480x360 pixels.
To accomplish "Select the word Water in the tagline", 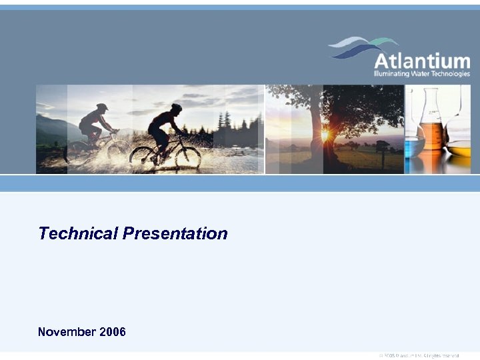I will (x=427, y=74).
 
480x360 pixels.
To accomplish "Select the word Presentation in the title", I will (x=175, y=233).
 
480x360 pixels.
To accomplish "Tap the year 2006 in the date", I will (x=113, y=331).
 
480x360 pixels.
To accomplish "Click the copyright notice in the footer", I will (x=419, y=356).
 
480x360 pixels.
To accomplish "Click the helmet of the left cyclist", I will (x=101, y=106).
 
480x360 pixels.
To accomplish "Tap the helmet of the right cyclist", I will (x=176, y=107).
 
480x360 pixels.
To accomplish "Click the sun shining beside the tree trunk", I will (x=325, y=135).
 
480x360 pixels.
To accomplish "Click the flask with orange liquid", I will (x=432, y=133).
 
